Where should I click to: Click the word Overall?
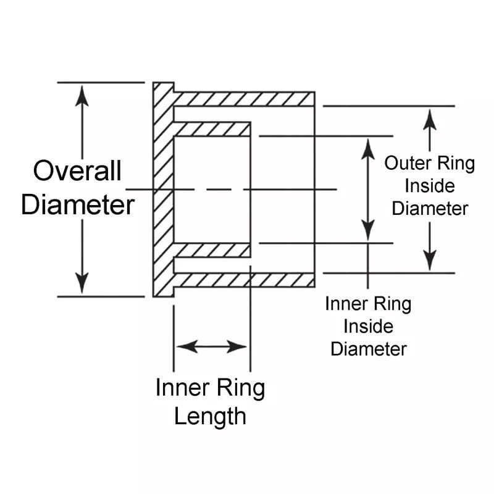tap(77, 171)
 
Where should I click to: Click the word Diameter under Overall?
tap(77, 204)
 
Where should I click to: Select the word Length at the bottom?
tap(210, 416)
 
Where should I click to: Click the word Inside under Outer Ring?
tap(429, 186)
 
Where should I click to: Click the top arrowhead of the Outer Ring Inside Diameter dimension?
tap(430, 117)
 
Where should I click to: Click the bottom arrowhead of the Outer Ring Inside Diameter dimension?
tap(430, 261)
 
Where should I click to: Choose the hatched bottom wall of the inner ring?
tap(213, 250)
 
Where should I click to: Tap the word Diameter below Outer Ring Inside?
tap(430, 208)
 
